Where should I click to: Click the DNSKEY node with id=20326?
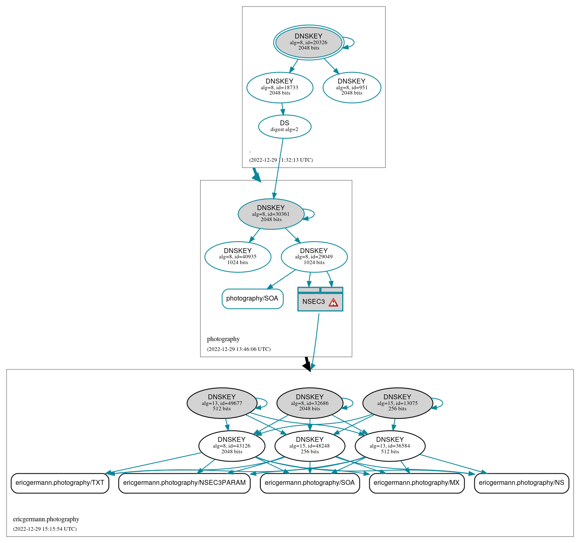(x=309, y=43)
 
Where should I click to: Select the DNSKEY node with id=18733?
(x=280, y=87)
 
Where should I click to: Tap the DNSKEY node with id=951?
(x=352, y=87)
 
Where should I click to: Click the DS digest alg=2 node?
(x=284, y=127)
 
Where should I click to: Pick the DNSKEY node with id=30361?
(x=271, y=214)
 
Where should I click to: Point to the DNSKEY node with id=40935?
(x=237, y=257)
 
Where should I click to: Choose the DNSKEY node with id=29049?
(x=314, y=257)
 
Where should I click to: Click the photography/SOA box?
(x=252, y=299)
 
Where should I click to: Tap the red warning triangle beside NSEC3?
(x=334, y=302)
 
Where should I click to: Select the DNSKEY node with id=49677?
(x=222, y=403)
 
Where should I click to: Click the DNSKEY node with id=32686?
(x=309, y=403)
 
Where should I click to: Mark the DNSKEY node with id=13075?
(x=397, y=403)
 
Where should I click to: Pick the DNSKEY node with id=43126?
(x=232, y=446)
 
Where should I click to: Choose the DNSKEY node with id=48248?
(x=309, y=446)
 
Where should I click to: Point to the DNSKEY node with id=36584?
(x=390, y=446)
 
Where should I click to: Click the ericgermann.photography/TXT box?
(x=60, y=483)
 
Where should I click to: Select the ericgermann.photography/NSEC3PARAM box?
(x=184, y=483)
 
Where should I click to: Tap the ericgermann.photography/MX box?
(x=416, y=483)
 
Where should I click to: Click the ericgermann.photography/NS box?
(x=521, y=483)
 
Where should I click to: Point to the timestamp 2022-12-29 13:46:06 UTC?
(x=239, y=349)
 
